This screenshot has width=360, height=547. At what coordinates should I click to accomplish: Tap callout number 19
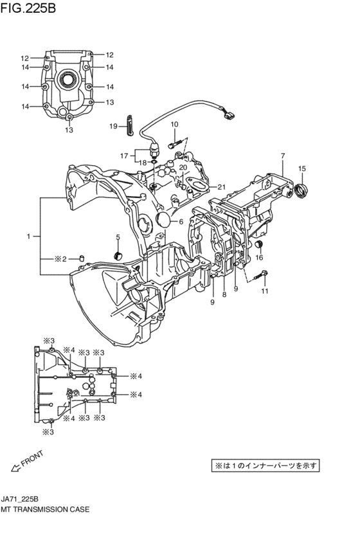pyautogui.click(x=113, y=126)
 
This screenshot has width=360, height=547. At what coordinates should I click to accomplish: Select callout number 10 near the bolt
pyautogui.click(x=174, y=124)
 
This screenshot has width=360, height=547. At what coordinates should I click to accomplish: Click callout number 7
pyautogui.click(x=282, y=156)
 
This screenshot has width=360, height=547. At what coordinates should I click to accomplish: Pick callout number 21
pyautogui.click(x=222, y=187)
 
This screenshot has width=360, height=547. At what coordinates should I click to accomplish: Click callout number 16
pyautogui.click(x=260, y=258)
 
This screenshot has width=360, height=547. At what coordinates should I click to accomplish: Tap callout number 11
pyautogui.click(x=264, y=291)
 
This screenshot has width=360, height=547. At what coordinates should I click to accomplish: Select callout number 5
pyautogui.click(x=118, y=238)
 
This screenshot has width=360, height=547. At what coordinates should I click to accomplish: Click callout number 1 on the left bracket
pyautogui.click(x=28, y=237)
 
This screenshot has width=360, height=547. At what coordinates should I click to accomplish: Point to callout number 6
pyautogui.click(x=181, y=222)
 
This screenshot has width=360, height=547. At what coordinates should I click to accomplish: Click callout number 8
pyautogui.click(x=224, y=294)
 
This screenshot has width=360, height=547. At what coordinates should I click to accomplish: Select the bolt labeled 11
pyautogui.click(x=261, y=277)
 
